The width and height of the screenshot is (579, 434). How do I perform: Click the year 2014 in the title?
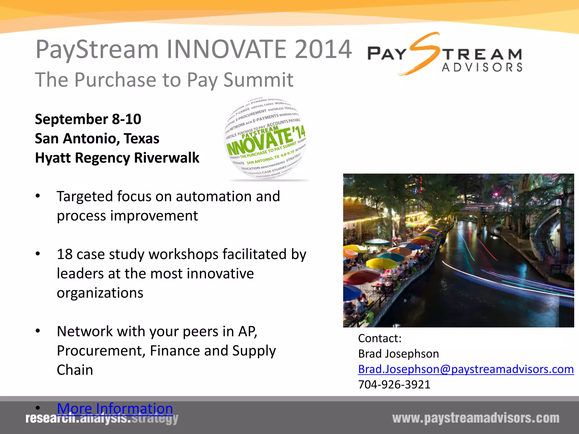coord(323,49)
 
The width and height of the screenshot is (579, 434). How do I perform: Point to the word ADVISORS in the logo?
coord(482,68)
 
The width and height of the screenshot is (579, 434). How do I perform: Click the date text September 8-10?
coord(88,119)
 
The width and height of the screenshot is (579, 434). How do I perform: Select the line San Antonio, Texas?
coord(97,138)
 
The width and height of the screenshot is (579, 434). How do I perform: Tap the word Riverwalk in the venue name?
coord(167,158)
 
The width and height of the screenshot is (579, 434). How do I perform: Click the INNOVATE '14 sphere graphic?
coord(266,138)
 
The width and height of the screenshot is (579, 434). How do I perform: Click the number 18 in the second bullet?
coord(65,254)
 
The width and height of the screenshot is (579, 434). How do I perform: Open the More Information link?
coord(115,408)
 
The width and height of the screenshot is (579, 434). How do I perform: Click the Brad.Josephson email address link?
coord(466,369)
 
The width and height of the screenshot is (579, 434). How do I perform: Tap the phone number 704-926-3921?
coord(394,385)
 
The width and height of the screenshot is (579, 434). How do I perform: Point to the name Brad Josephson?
coord(398,354)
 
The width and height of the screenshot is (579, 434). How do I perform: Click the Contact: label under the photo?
coord(379,338)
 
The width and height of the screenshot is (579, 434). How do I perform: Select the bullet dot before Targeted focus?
coord(38,196)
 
